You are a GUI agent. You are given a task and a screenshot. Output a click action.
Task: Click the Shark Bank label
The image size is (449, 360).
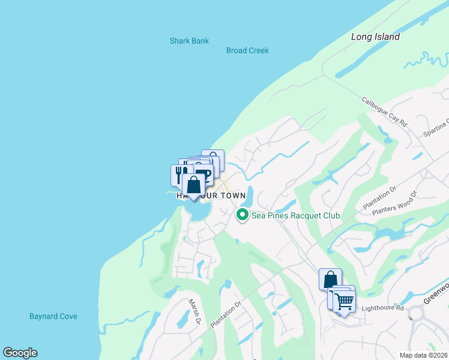[189, 41]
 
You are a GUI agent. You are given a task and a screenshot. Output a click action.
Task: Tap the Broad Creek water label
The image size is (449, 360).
[247, 51]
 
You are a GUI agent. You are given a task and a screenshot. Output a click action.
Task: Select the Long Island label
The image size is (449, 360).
[375, 37]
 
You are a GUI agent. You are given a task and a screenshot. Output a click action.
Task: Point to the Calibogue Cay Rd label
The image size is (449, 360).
[385, 112]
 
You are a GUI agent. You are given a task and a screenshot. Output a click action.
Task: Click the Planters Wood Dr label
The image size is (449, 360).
[394, 202]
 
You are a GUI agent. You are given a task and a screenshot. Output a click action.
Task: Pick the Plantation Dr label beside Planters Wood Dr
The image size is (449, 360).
[380, 198]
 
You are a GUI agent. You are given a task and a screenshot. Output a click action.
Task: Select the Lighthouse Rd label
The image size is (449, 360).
[384, 308]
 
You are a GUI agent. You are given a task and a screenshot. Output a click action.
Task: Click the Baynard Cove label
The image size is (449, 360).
[53, 316]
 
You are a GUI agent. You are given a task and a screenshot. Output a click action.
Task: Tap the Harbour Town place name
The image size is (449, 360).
[211, 196]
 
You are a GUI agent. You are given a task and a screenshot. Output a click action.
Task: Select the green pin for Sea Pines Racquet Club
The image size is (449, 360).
[243, 215]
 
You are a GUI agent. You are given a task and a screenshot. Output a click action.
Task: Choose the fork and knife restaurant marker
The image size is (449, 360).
[179, 175]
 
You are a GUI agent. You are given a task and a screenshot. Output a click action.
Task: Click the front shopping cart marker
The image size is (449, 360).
[345, 301]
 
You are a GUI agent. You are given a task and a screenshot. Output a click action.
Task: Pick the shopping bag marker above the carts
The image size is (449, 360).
[330, 279]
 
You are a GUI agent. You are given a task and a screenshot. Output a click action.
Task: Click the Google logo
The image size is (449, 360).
[20, 353]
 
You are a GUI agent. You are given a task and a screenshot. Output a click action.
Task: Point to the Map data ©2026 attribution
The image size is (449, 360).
[423, 355]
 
